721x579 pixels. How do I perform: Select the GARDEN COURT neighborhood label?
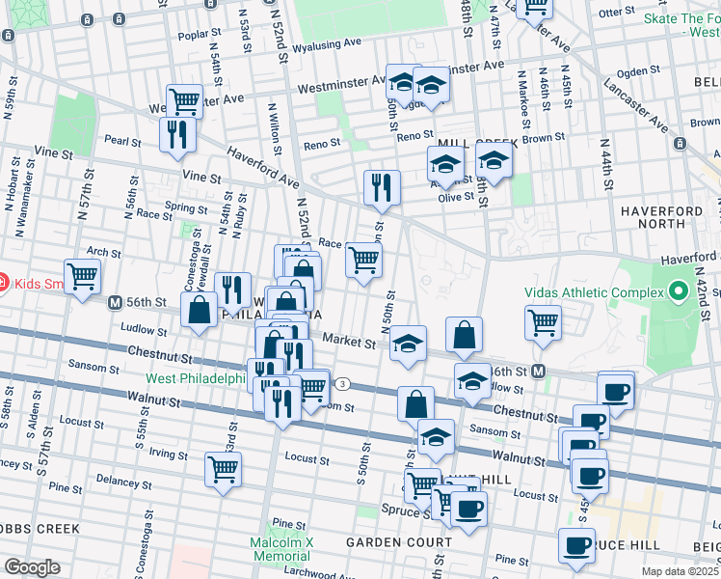click(x=386, y=542)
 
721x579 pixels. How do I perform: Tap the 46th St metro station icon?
click(x=539, y=372)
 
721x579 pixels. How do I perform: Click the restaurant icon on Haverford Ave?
click(x=383, y=186)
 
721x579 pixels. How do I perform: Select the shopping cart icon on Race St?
click(x=363, y=260)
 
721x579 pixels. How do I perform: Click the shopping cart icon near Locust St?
click(x=224, y=469)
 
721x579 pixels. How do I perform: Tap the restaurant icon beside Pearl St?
click(x=177, y=134)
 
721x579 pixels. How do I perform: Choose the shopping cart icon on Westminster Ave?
click(x=183, y=100)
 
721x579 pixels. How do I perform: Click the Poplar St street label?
click(x=200, y=35)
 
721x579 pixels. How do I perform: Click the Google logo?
click(x=32, y=567)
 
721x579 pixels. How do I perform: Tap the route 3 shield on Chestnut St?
click(x=342, y=384)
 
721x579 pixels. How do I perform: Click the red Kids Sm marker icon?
click(x=3, y=283)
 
